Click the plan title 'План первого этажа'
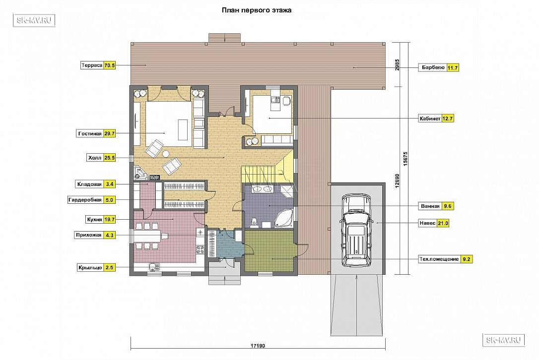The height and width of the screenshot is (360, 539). (257, 10)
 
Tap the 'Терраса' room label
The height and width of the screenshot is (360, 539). (92, 65)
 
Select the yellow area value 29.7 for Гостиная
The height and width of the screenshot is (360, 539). (110, 133)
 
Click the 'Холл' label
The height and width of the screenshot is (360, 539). (95, 158)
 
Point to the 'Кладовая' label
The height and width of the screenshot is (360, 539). (89, 184)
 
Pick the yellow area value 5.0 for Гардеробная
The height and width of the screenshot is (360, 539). (110, 200)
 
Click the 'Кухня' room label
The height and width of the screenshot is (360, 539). (94, 220)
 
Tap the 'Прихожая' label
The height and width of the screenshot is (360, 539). (89, 236)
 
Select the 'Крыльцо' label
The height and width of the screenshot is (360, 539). (90, 268)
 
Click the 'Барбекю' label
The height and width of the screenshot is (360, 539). (433, 67)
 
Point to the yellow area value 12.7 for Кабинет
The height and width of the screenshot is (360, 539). (448, 119)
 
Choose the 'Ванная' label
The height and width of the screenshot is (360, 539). (430, 206)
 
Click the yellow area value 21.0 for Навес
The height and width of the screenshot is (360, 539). (443, 223)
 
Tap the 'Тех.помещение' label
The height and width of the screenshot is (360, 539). (439, 259)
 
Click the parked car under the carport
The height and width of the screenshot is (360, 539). (356, 230)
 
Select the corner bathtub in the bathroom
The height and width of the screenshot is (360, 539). (284, 217)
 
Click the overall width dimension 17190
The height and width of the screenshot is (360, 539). (258, 346)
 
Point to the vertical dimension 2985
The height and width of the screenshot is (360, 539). (398, 64)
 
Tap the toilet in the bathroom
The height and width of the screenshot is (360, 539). (255, 222)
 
